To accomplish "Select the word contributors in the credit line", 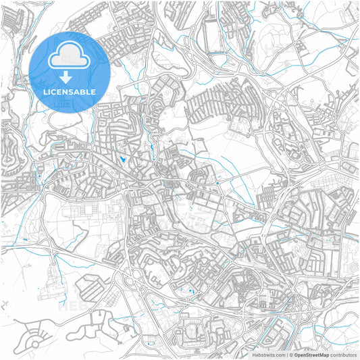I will point(343,354).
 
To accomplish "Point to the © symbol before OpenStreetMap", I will point(290,354).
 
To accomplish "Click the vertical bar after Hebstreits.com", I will point(287,354).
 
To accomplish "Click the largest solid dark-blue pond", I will point(122,159).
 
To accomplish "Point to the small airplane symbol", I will point(5,303).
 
